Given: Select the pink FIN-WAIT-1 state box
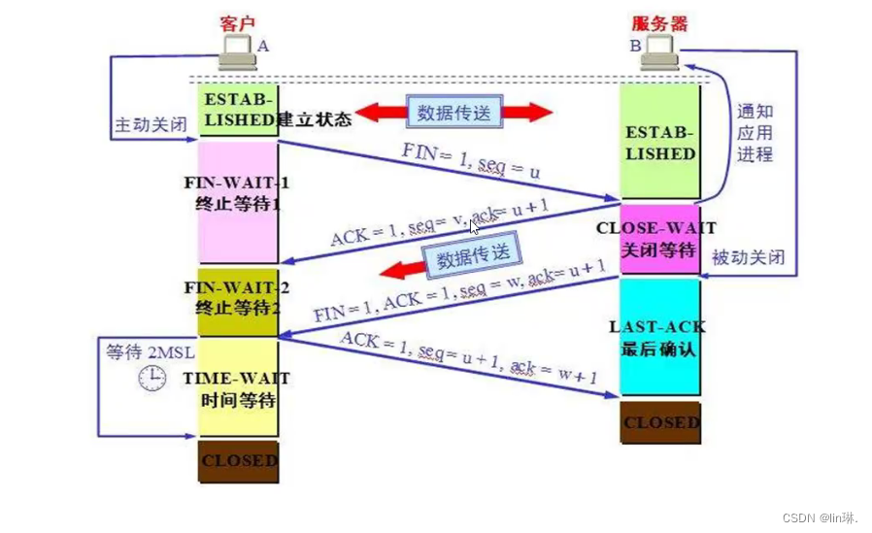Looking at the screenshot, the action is click(x=238, y=201).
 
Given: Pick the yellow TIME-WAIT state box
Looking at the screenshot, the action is click(x=238, y=387).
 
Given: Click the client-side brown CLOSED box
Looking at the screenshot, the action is click(x=238, y=461).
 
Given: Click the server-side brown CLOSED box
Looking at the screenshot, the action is click(x=659, y=423).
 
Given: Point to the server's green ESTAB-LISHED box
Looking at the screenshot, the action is click(x=659, y=142).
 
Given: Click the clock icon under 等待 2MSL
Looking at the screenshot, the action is click(x=151, y=378).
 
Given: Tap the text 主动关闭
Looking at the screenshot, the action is click(x=149, y=126).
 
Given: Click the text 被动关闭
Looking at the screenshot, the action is click(x=748, y=258).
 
